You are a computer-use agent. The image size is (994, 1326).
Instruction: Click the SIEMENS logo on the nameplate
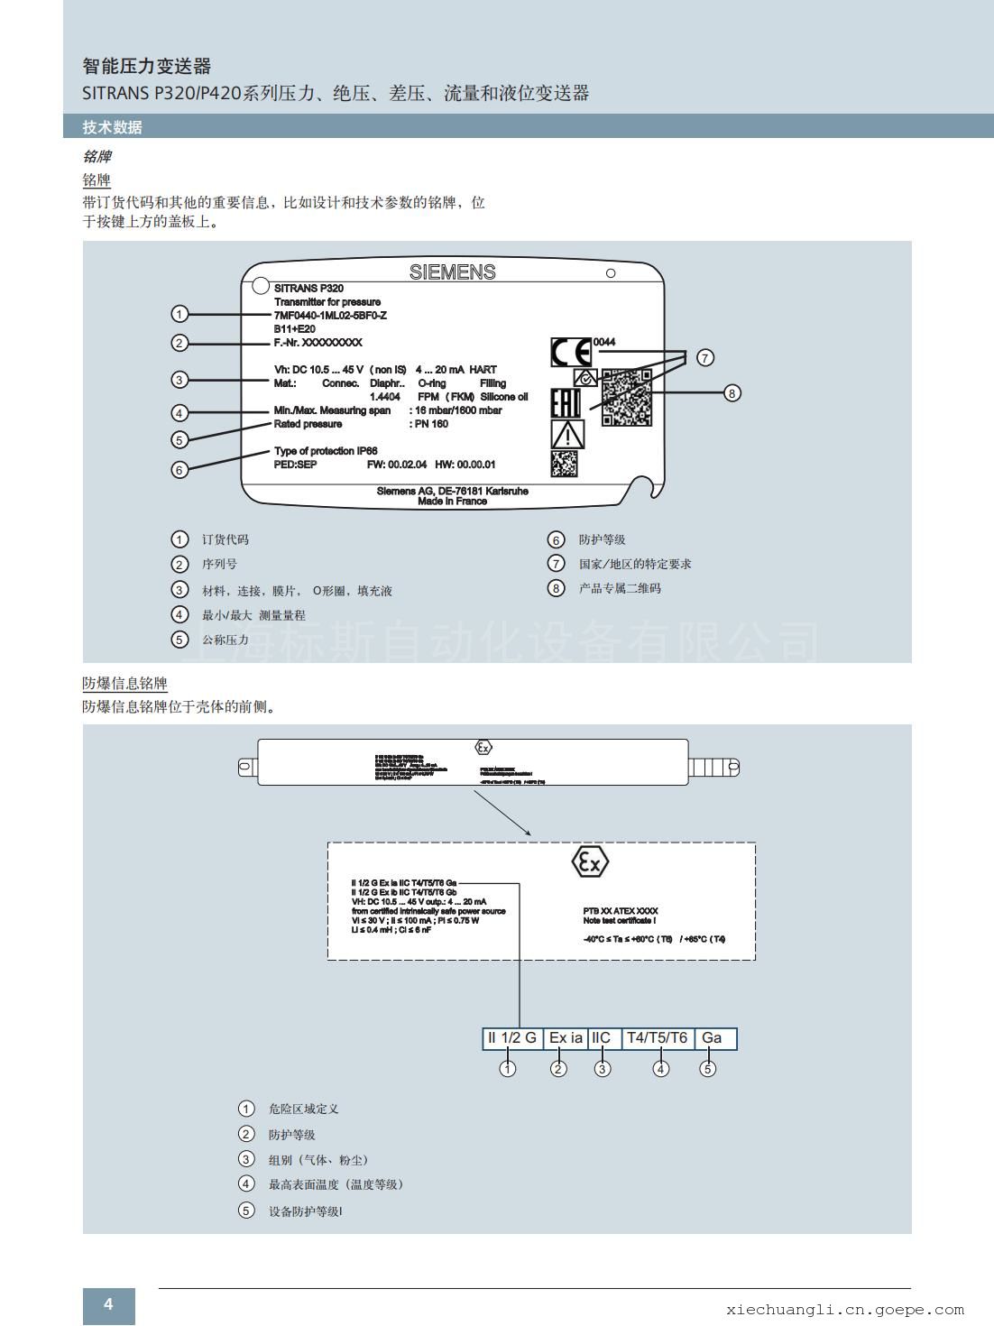pos(452,272)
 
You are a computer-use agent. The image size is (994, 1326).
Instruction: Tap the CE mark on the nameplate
pos(571,352)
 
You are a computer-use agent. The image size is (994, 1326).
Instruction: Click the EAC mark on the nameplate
pos(566,403)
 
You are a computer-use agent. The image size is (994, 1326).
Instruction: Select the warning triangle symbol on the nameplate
pos(567,434)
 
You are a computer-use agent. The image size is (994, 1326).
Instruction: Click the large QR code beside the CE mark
pos(627,397)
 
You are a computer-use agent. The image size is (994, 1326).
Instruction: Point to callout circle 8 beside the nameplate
pos(732,392)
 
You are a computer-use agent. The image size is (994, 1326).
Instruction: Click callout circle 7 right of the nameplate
pos(705,357)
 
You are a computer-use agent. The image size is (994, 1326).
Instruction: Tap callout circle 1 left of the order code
pos(179,314)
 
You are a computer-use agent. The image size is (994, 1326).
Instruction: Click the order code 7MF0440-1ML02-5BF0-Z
pos(330,315)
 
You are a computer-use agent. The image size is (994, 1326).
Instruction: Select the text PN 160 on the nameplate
pos(430,424)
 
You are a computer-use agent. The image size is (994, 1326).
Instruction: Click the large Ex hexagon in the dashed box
pos(590,862)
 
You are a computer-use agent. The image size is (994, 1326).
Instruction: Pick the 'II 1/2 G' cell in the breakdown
pos(512,1038)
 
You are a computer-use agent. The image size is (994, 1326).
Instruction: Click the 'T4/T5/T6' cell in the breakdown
pos(658,1038)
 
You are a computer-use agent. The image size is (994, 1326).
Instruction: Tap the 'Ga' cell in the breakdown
pos(713,1038)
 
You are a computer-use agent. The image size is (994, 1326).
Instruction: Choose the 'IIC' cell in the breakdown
pos(602,1038)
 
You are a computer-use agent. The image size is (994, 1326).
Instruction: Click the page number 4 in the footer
pos(108,1303)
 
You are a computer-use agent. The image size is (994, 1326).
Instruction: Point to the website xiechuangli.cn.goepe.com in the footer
pos(844,1310)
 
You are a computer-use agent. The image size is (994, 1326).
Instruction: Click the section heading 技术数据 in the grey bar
pos(113,127)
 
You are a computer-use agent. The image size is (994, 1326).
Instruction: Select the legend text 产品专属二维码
pos(620,588)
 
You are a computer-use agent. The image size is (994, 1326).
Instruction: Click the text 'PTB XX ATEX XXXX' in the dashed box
pos(621,911)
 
